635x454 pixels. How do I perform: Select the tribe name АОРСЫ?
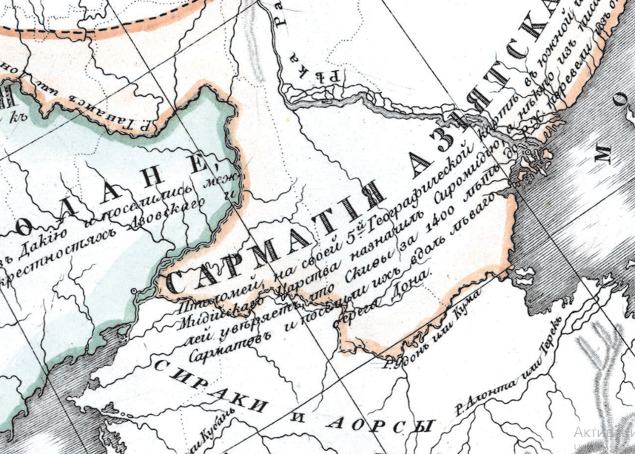[x=378, y=423]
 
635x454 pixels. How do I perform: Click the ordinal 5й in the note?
[x=363, y=220]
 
